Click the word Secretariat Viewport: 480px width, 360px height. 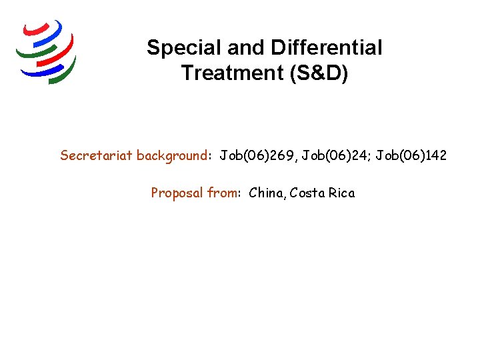(96, 156)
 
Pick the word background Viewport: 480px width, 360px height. (171, 156)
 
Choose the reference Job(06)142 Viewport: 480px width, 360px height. (411, 156)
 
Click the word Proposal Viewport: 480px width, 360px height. (177, 193)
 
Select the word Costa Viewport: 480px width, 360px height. (307, 193)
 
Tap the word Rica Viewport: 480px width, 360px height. (342, 193)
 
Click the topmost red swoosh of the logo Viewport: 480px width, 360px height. (37, 28)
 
